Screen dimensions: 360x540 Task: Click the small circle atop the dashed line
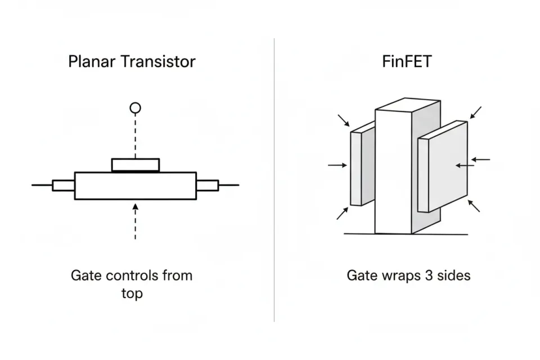135,107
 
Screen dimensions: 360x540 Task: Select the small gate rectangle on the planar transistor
135,165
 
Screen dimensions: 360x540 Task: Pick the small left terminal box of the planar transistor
63,185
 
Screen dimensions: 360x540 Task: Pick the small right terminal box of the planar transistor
206,185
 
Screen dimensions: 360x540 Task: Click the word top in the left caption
132,294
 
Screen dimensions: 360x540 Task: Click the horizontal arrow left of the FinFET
337,165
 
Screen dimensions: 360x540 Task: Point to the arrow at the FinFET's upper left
344,120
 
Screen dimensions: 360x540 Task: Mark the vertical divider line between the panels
274,180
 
